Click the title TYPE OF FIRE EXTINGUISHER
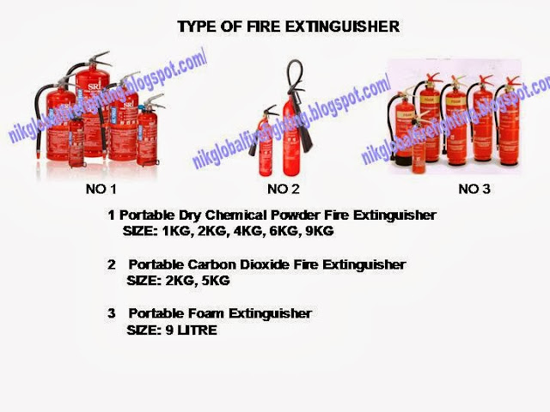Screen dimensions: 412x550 click(x=288, y=27)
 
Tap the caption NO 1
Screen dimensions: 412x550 click(x=100, y=189)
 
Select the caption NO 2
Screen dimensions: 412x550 click(x=284, y=189)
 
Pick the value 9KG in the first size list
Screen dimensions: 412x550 click(x=315, y=231)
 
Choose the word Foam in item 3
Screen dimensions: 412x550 click(x=203, y=313)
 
